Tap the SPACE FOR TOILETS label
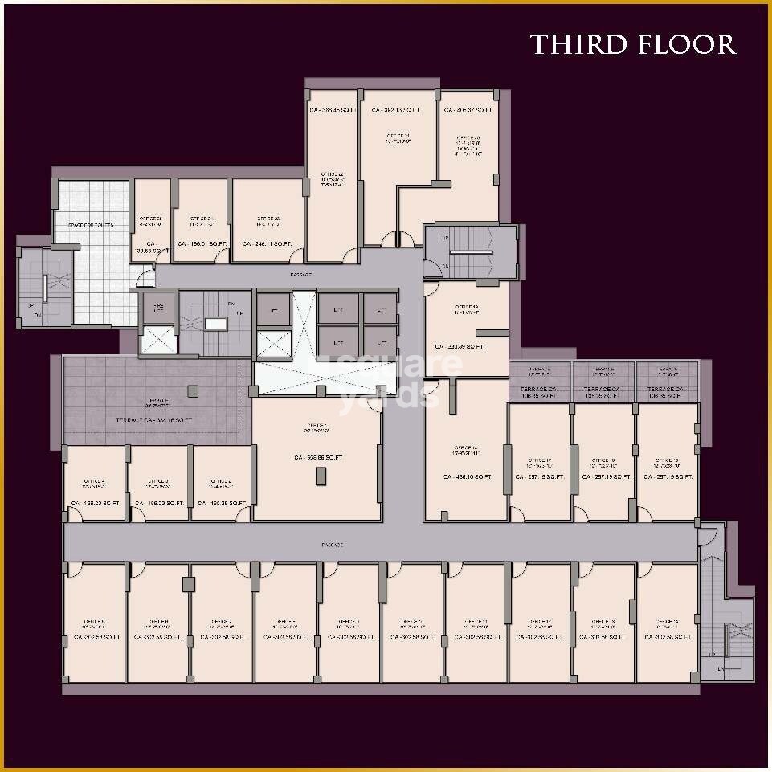point(91,225)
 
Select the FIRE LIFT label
point(158,308)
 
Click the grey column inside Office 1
point(321,475)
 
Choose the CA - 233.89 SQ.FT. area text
point(460,347)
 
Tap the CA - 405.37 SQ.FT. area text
point(468,110)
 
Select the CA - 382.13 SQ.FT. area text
point(397,110)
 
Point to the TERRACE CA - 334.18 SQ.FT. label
point(153,420)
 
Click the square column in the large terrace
point(193,390)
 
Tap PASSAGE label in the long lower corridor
point(333,545)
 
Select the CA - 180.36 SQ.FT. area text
point(220,504)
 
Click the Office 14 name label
point(668,622)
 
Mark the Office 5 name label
point(94,622)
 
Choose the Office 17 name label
point(539,461)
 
